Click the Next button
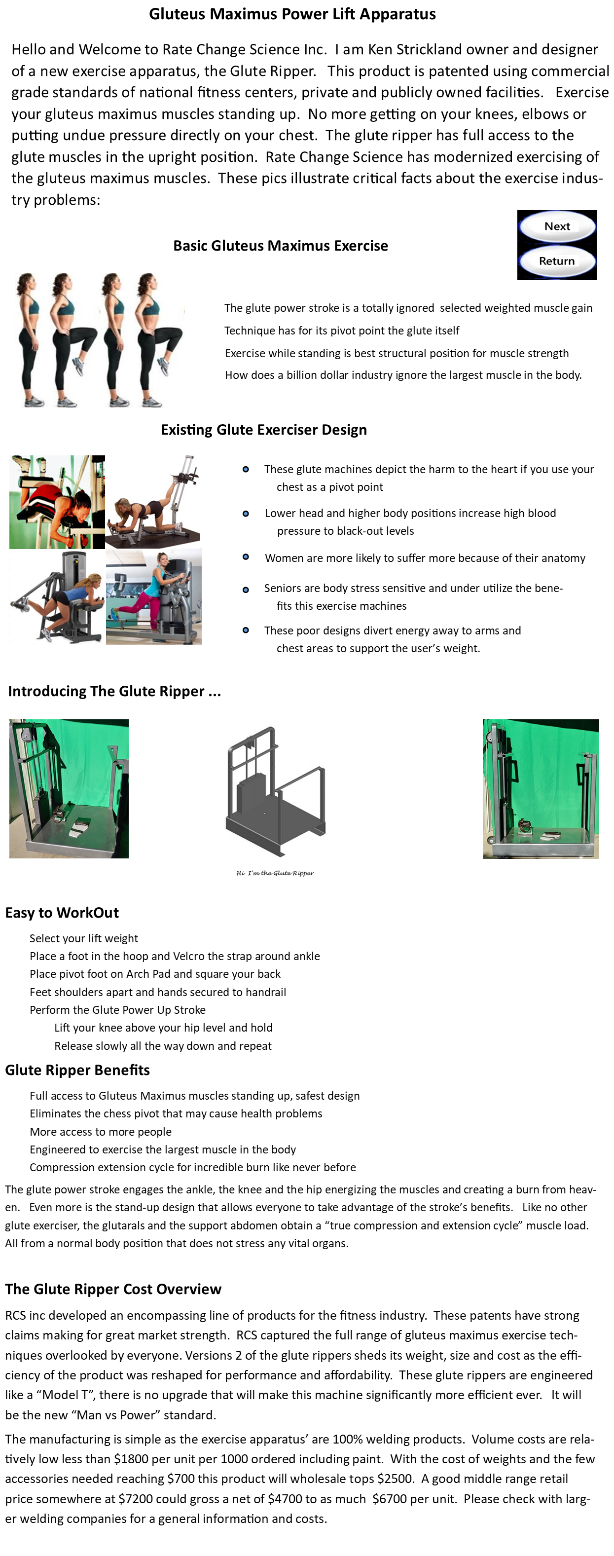click(557, 226)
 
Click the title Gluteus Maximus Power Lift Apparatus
click(292, 14)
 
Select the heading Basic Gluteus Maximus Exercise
click(280, 246)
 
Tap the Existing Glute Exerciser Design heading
click(264, 430)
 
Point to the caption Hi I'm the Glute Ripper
click(275, 873)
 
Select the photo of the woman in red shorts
click(57, 502)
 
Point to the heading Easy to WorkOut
click(62, 913)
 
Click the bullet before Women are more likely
click(246, 557)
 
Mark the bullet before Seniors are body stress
click(246, 590)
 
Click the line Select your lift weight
click(84, 938)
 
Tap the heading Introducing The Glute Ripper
click(114, 691)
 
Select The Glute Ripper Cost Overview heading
click(113, 1289)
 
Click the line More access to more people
click(100, 1131)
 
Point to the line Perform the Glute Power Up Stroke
click(118, 1009)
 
